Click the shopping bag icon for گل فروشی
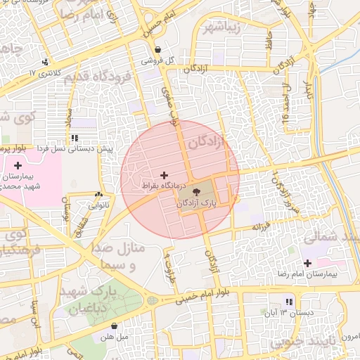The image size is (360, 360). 157,50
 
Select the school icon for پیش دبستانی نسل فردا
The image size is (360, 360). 74,138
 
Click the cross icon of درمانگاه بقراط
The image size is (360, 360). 165,175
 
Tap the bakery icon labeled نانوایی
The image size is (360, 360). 98,195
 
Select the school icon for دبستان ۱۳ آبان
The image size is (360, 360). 289,302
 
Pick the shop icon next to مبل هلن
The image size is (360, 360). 115,326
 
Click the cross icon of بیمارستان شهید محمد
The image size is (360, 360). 18,165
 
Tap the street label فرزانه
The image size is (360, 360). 261,227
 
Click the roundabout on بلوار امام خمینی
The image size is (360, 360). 153,300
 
